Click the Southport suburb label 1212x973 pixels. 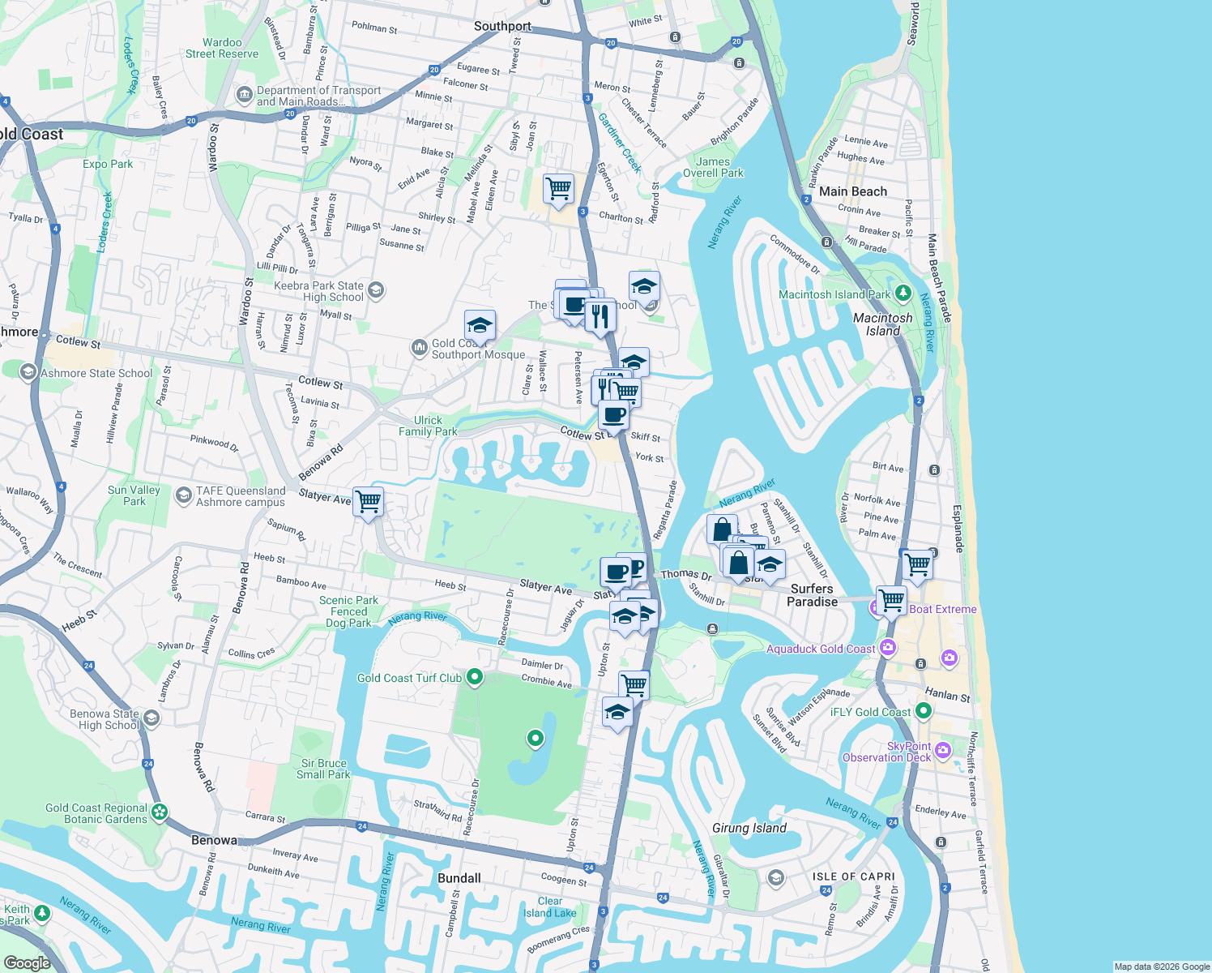[x=502, y=26]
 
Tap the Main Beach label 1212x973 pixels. [x=852, y=191]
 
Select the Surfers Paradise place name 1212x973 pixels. [x=812, y=595]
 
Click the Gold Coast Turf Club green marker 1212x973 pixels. [x=475, y=677]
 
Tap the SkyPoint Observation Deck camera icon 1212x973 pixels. [x=942, y=750]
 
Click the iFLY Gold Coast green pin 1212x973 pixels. [x=923, y=711]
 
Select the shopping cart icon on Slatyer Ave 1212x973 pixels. [x=369, y=502]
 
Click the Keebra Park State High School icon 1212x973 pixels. [x=375, y=289]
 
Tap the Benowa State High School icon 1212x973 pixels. [x=151, y=718]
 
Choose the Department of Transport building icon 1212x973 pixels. [x=244, y=96]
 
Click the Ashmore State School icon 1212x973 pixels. [x=28, y=372]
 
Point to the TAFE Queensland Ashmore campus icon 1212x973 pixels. [x=184, y=495]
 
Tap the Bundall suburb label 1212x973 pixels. [x=459, y=878]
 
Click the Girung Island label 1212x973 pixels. [x=749, y=828]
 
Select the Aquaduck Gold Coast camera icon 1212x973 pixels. [x=888, y=647]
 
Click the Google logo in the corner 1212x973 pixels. [x=28, y=962]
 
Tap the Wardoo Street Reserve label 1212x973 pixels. [x=222, y=48]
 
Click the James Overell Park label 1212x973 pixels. [x=713, y=167]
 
